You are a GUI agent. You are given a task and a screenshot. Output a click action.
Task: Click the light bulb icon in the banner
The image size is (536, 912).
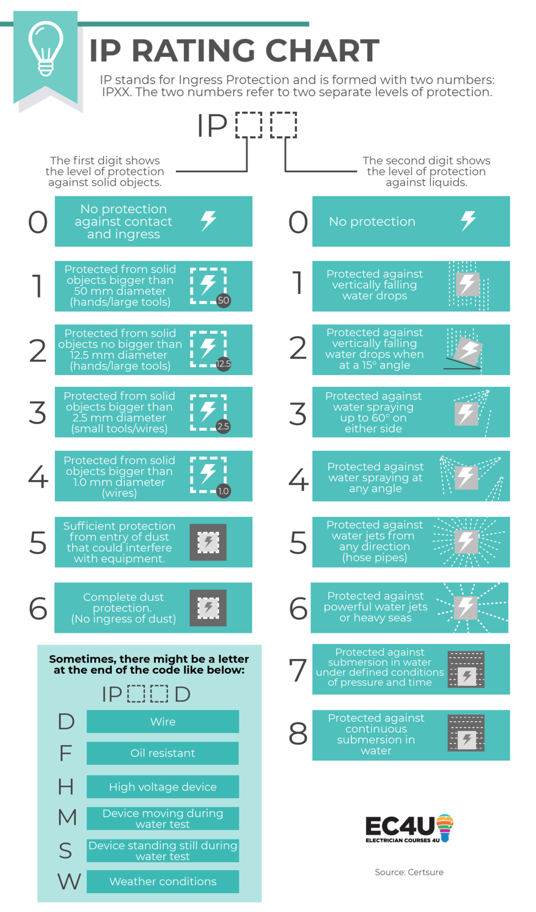(x=46, y=50)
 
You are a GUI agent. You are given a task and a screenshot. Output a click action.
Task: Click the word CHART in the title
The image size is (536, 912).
(x=322, y=51)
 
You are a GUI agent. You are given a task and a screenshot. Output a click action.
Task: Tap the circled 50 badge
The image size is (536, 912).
(x=223, y=300)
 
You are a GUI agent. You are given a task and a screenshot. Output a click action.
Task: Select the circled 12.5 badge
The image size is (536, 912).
(x=223, y=364)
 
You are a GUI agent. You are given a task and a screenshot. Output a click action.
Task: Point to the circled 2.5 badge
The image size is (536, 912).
(x=223, y=426)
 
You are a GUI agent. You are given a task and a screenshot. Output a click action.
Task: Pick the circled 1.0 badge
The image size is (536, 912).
(x=223, y=491)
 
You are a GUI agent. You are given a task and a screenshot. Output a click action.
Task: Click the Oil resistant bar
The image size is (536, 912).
(x=163, y=753)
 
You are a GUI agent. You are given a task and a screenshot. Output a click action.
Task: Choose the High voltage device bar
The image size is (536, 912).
(x=163, y=787)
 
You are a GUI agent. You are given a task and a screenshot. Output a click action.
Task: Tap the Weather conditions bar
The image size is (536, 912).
(x=163, y=881)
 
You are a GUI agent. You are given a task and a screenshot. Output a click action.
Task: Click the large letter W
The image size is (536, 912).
(x=69, y=881)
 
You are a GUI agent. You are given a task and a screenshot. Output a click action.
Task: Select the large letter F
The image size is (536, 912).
(x=66, y=753)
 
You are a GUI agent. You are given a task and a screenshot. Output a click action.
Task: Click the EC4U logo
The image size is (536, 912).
(x=409, y=829)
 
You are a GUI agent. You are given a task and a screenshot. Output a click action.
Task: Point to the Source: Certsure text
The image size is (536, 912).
(x=409, y=872)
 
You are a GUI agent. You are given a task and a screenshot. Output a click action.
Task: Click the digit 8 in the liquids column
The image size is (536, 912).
(x=298, y=734)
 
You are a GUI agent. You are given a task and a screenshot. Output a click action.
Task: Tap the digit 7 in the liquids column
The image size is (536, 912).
(x=298, y=670)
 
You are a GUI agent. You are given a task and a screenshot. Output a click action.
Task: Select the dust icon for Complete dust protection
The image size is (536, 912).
(x=208, y=608)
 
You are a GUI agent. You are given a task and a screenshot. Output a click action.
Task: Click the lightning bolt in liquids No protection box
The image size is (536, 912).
(x=468, y=221)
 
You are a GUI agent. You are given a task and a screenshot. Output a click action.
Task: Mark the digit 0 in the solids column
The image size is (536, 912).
(x=38, y=222)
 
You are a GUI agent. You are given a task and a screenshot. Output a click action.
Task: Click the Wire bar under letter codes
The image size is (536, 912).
(x=163, y=722)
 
